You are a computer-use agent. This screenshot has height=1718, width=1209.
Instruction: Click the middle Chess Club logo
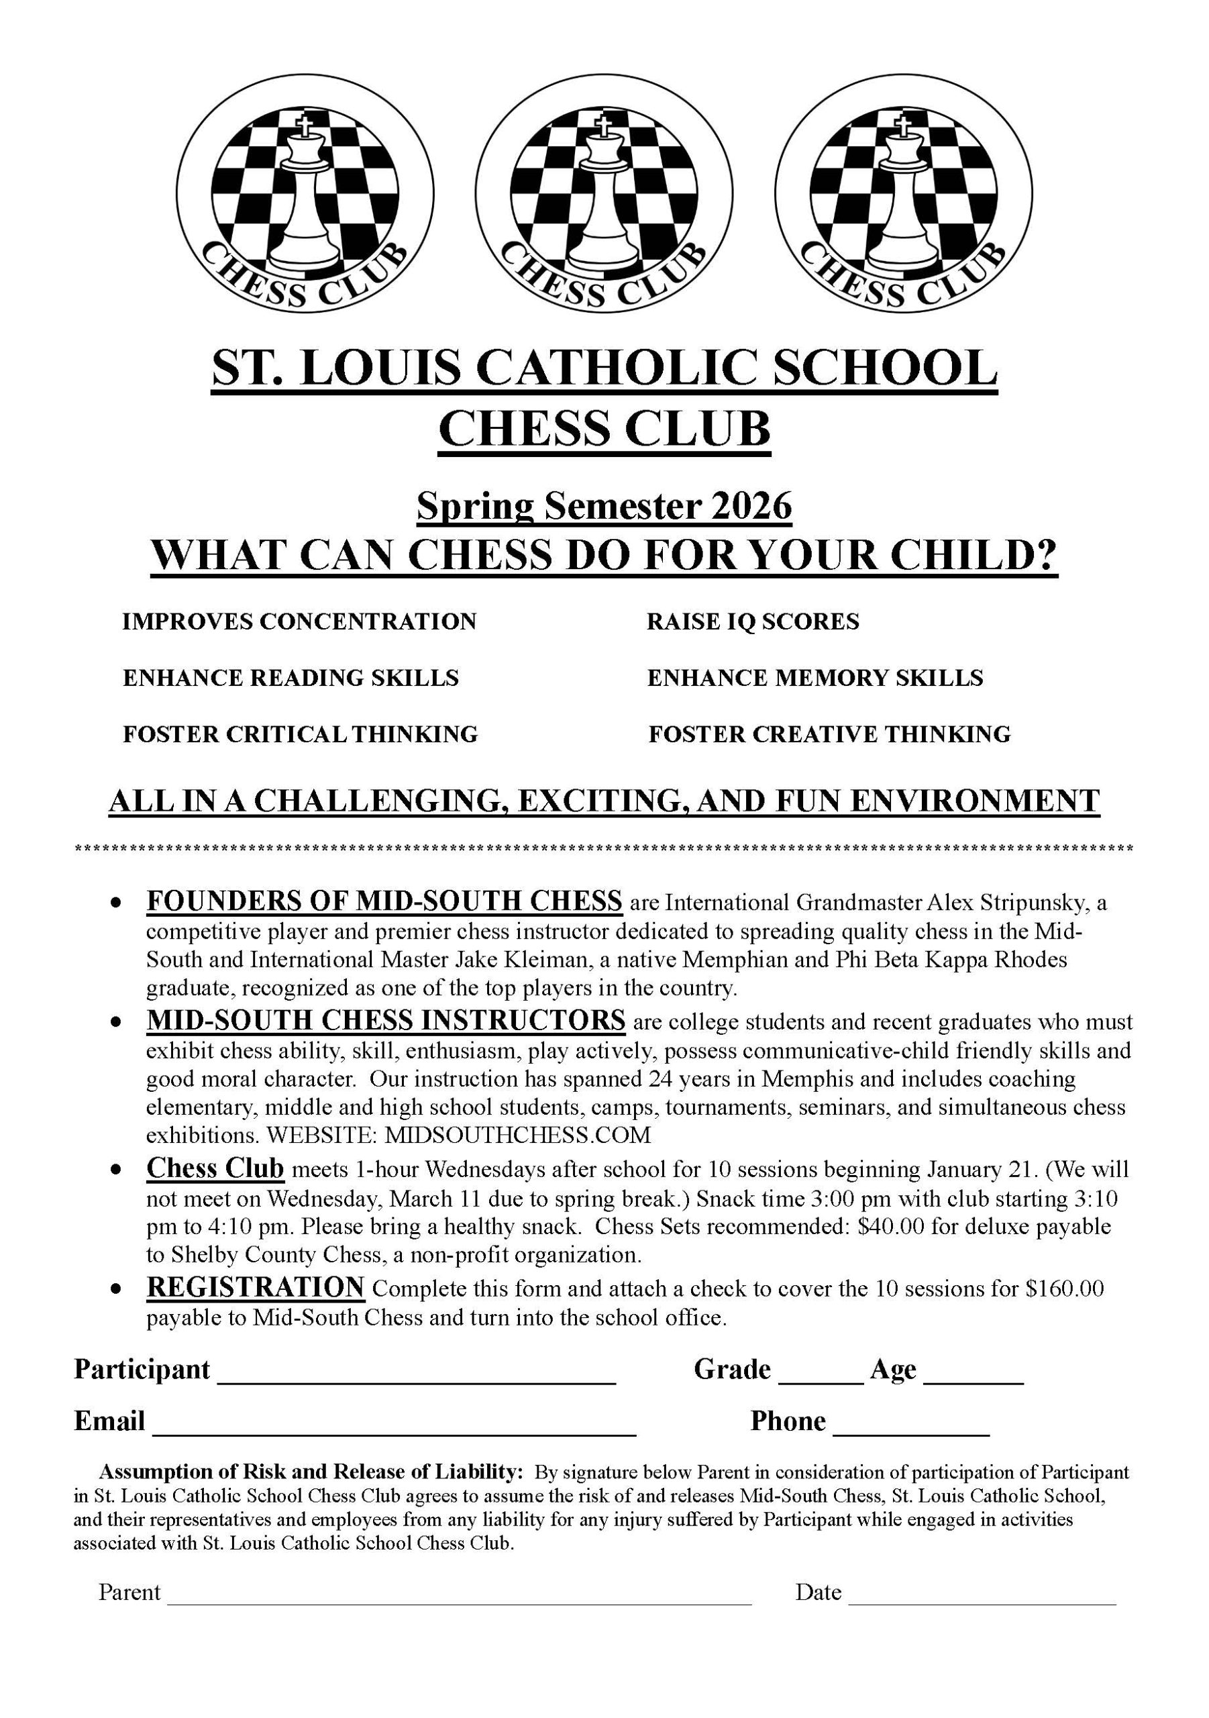pyautogui.click(x=604, y=194)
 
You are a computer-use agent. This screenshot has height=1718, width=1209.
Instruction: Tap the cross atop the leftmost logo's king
pyautogui.click(x=303, y=125)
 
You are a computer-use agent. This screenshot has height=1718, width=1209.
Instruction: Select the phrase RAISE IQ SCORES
pyautogui.click(x=753, y=621)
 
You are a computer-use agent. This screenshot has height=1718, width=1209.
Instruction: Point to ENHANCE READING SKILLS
pyautogui.click(x=291, y=678)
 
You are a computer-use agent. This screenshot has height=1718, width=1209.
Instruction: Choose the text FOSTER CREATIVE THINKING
pyautogui.click(x=829, y=734)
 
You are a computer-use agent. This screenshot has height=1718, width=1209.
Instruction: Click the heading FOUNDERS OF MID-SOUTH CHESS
pyautogui.click(x=384, y=900)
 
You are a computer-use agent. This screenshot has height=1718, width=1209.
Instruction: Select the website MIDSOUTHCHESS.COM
pyautogui.click(x=518, y=1135)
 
